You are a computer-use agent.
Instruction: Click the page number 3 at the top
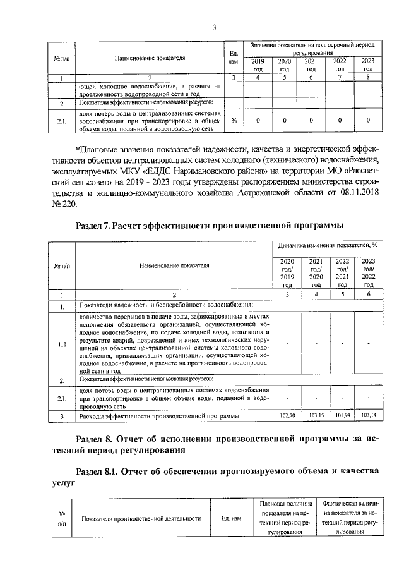pos(214,27)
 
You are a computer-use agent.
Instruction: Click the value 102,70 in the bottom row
pos(287,415)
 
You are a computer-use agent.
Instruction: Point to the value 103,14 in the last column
pos(368,415)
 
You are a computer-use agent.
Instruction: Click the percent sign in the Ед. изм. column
pos(234,119)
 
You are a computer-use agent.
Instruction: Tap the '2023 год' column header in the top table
pos(367,64)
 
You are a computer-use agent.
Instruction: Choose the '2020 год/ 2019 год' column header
pos(287,273)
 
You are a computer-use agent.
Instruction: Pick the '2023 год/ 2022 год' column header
pos(368,273)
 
